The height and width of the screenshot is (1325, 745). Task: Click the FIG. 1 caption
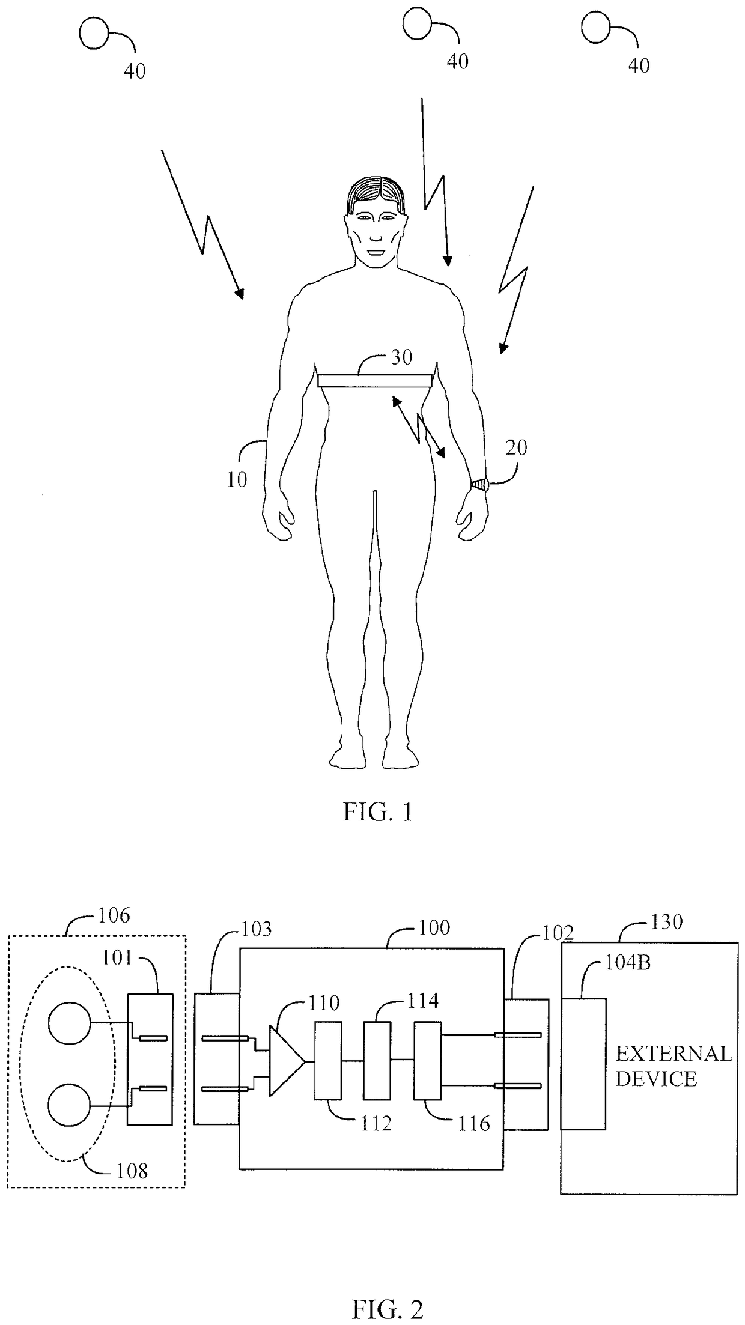pos(377,812)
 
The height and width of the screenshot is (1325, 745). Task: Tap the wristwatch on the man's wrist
pos(480,484)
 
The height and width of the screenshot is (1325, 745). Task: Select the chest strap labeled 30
pos(375,381)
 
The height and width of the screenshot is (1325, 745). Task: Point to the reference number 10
pos(237,480)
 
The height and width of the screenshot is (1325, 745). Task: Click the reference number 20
pos(516,447)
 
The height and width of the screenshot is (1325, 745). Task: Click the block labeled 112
pos(328,1061)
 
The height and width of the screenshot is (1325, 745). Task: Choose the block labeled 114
pos(377,1061)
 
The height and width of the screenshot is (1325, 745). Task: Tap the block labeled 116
pos(427,1061)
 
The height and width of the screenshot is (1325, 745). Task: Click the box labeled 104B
pos(583,1064)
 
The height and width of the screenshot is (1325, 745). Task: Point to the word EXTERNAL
pos(674,1053)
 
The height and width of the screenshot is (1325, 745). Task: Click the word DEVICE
pos(656,1079)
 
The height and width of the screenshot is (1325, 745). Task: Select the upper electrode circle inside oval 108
pos(69,1022)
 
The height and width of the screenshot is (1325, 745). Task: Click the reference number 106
pos(114,915)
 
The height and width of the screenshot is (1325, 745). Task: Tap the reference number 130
pos(666,921)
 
